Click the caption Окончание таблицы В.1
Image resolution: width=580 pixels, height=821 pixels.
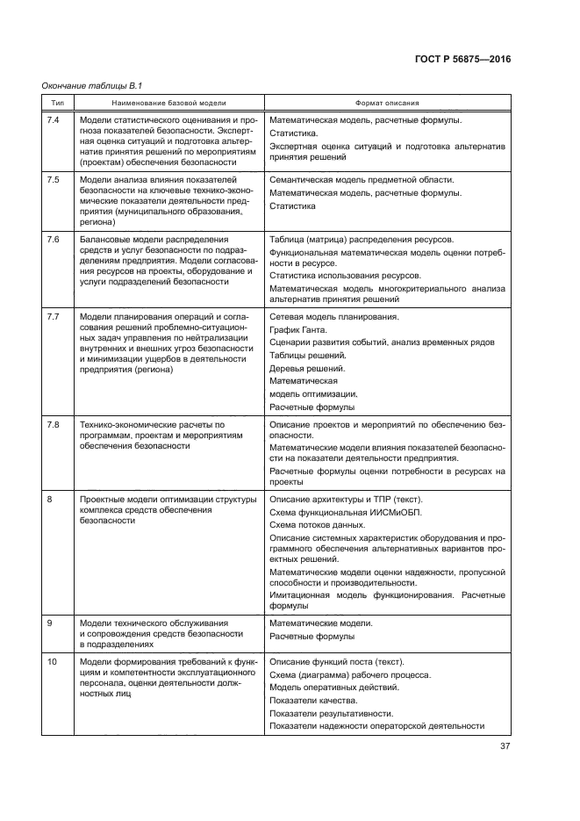pyautogui.click(x=92, y=85)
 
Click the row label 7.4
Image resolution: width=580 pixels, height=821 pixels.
pyautogui.click(x=53, y=119)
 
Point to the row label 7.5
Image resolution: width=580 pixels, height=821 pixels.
pyautogui.click(x=53, y=178)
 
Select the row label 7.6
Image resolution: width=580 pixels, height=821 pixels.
pyautogui.click(x=53, y=239)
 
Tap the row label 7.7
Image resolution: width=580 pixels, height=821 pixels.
pyautogui.click(x=53, y=315)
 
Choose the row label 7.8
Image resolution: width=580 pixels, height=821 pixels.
pyautogui.click(x=53, y=424)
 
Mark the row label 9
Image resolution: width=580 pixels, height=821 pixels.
pyautogui.click(x=49, y=623)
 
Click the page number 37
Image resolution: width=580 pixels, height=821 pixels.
pyautogui.click(x=505, y=746)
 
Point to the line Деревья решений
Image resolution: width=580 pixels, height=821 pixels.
pyautogui.click(x=308, y=368)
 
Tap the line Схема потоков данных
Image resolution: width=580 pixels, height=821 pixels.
pyautogui.click(x=317, y=523)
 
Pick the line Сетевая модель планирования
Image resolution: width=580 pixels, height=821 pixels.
pyautogui.click(x=334, y=315)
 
